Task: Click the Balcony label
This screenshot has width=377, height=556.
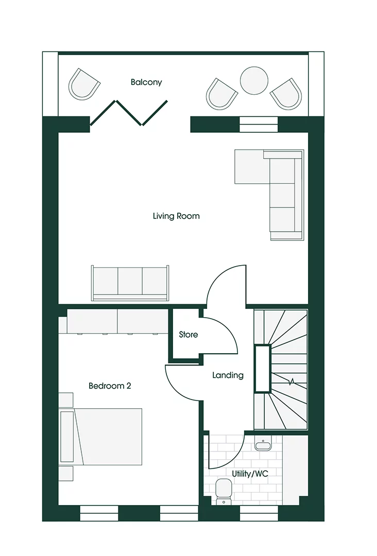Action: tap(146, 82)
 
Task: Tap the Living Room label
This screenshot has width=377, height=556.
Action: tap(176, 216)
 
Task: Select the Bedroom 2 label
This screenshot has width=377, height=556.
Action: tap(110, 386)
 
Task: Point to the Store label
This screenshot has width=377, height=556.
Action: tap(188, 335)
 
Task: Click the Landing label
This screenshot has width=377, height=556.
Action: tap(228, 375)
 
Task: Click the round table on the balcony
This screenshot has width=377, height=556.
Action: tap(254, 81)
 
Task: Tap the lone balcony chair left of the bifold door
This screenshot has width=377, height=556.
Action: tap(84, 84)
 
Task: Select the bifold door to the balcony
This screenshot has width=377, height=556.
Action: tap(129, 113)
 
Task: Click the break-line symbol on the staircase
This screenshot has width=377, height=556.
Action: tap(292, 382)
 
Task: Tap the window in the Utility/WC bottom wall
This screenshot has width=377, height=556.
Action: tap(259, 513)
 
